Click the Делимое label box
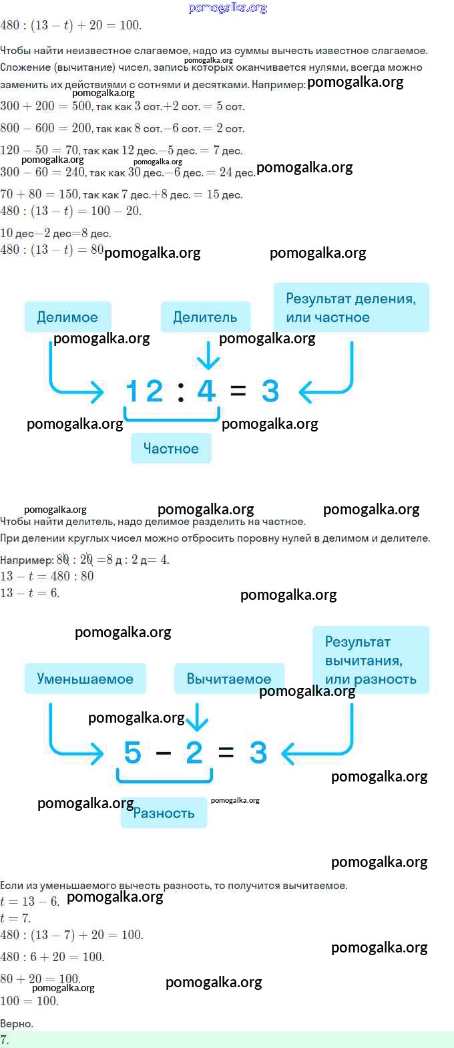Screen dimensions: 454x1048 [x=68, y=317]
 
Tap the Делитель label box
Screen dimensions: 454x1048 [x=205, y=317]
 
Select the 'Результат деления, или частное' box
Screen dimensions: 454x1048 [x=351, y=307]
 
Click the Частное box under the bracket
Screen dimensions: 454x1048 [x=171, y=448]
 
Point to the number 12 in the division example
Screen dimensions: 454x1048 [x=144, y=391]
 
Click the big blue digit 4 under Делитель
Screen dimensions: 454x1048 [x=207, y=391]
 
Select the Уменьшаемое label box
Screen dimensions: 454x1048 [x=85, y=679]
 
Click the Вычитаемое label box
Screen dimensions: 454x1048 [x=229, y=679]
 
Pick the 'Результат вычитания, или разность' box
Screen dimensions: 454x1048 [x=371, y=660]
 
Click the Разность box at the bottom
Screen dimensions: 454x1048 [x=164, y=813]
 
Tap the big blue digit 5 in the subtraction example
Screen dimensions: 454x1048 [x=132, y=752]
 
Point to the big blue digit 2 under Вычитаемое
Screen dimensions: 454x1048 [x=194, y=752]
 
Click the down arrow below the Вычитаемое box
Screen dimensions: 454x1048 [x=197, y=717]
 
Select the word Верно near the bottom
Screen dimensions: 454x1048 [x=17, y=1024]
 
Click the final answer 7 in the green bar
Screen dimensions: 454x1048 [x=4, y=1039]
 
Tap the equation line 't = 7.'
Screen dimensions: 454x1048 [x=15, y=918]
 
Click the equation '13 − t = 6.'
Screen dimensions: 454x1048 [x=30, y=592]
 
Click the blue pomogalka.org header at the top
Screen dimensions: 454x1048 [x=228, y=7]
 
